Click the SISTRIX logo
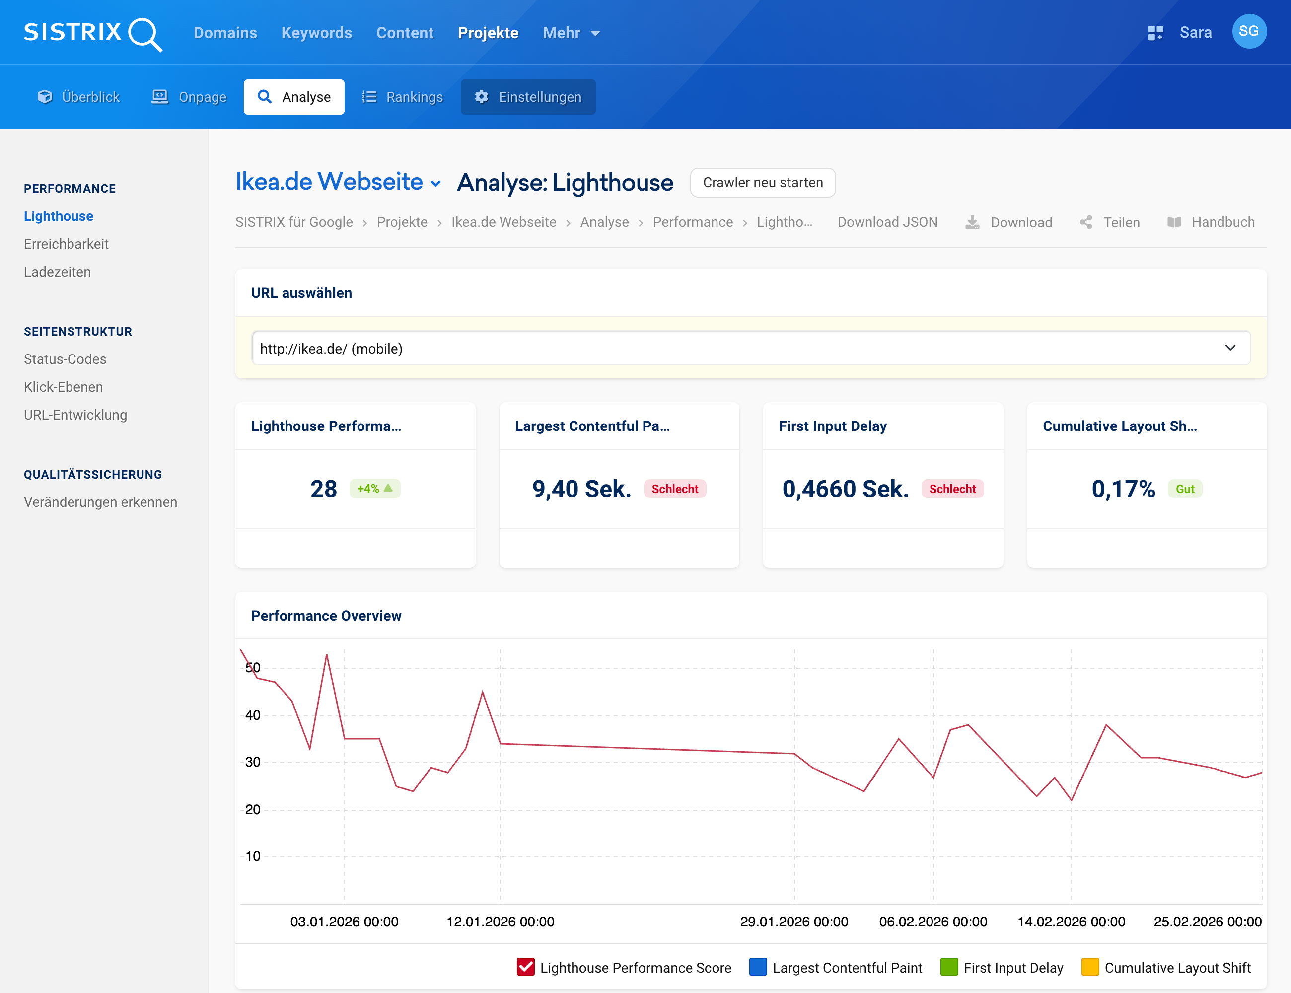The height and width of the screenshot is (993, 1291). (x=93, y=33)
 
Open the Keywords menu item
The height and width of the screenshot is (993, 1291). (x=316, y=33)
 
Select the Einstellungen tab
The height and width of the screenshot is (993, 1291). (x=528, y=97)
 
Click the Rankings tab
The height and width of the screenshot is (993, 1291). (x=403, y=97)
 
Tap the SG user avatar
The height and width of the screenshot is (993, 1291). (x=1248, y=32)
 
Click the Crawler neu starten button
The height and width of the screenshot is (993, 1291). (x=763, y=183)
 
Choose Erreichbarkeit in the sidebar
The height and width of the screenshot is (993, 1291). (x=66, y=244)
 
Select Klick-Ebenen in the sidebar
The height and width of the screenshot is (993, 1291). (x=63, y=387)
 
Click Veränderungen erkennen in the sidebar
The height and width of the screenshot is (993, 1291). (x=100, y=502)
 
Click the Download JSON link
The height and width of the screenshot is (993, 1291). (x=887, y=222)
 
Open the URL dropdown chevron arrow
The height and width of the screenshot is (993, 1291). (x=1230, y=348)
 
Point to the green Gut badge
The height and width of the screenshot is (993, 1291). (x=1185, y=489)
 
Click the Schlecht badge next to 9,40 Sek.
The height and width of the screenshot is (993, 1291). (x=674, y=489)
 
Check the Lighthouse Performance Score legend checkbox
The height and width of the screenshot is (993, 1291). (x=525, y=967)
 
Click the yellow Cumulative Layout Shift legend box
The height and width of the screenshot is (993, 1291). (x=1089, y=967)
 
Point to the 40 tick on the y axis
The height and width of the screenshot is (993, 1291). (x=253, y=715)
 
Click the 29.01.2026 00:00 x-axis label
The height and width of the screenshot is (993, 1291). (x=794, y=922)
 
